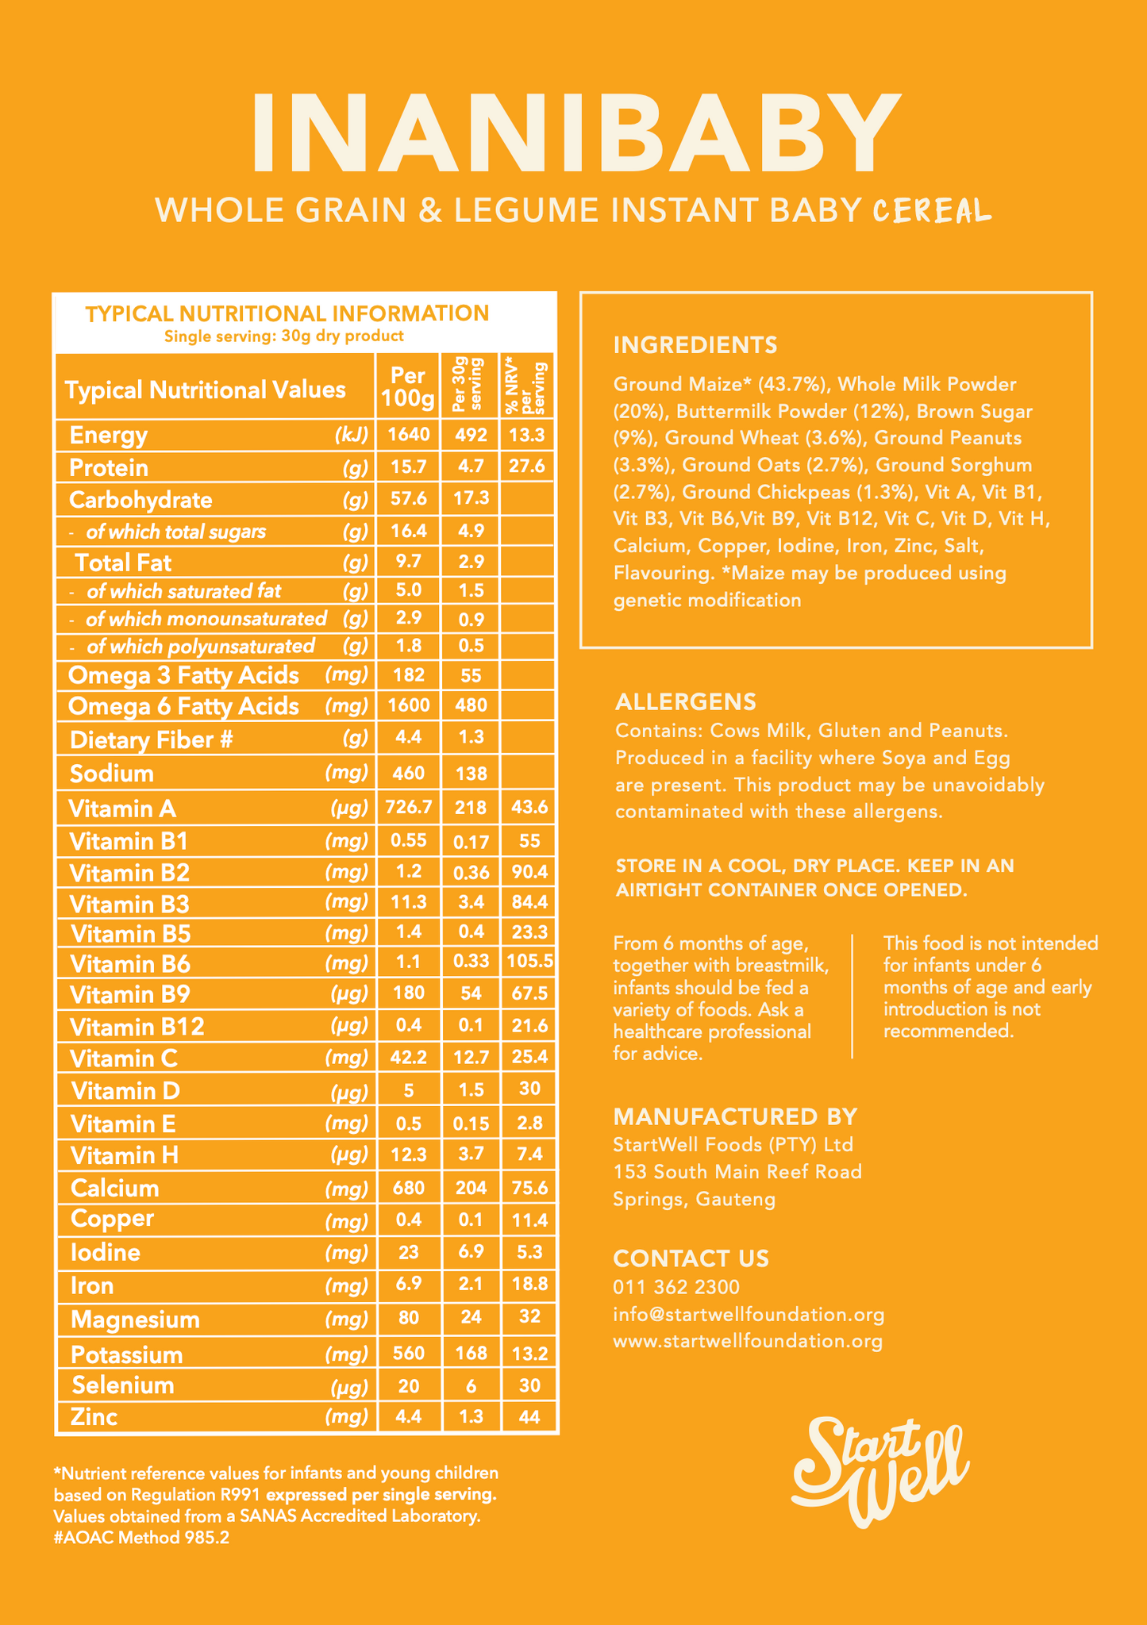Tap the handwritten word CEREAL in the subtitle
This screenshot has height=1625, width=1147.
[x=932, y=211]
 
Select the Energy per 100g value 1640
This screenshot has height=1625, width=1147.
[x=408, y=435]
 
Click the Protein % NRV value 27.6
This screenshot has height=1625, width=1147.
[x=527, y=467]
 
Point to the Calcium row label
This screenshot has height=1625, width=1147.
[x=115, y=1188]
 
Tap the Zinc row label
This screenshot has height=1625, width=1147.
[x=94, y=1416]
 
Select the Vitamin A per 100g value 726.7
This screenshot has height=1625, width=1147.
[x=408, y=808]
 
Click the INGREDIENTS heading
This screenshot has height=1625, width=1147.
[x=695, y=345]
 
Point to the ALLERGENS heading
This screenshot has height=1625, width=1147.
[x=686, y=701]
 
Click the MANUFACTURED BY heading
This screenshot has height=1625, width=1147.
[x=735, y=1116]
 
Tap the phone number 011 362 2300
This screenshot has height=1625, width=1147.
[x=676, y=1286]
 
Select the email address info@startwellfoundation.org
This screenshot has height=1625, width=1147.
[x=749, y=1314]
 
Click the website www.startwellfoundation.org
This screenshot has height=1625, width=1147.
[x=748, y=1341]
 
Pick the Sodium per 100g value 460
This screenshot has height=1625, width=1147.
[x=408, y=773]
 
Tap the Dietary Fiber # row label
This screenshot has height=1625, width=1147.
[x=151, y=740]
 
